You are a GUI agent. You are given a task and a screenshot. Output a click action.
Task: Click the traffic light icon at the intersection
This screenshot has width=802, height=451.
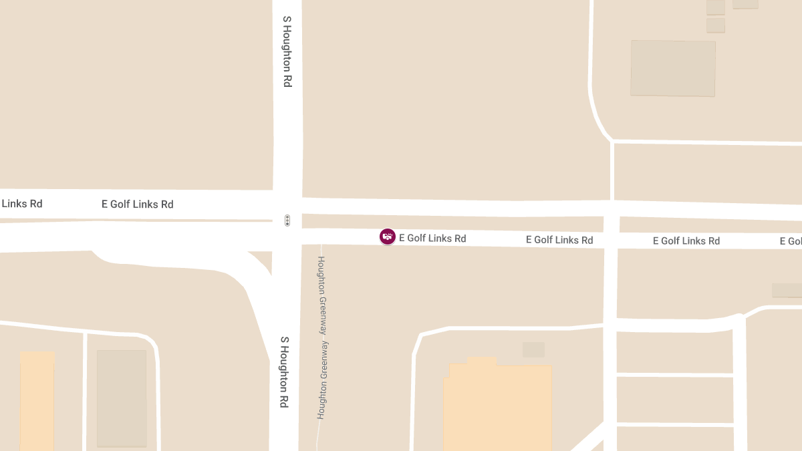(287, 220)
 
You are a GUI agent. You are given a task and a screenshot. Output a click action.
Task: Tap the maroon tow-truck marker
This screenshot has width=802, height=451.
(388, 237)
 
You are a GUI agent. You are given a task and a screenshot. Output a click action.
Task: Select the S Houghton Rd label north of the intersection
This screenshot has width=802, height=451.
(287, 51)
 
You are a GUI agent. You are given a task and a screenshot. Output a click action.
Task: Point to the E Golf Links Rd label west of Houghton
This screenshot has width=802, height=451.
(137, 204)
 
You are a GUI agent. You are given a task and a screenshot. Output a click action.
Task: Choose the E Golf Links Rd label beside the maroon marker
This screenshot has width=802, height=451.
(432, 239)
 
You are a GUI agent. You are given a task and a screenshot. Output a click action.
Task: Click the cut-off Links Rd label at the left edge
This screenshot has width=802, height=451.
(21, 204)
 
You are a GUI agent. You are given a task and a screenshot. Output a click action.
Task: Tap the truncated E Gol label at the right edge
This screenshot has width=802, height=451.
(791, 241)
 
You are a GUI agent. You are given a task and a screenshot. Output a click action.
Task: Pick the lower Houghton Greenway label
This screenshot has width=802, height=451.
(321, 382)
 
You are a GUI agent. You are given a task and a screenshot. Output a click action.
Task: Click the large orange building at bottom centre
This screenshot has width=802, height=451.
(497, 408)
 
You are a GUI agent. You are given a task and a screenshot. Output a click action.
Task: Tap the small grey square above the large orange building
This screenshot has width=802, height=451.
(533, 349)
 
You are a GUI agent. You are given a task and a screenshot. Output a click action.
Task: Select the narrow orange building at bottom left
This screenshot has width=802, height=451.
(37, 401)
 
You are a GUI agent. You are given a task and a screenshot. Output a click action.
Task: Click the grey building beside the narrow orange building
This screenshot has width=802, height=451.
(122, 398)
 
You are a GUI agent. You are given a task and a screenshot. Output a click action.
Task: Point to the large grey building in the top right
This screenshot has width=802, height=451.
(673, 68)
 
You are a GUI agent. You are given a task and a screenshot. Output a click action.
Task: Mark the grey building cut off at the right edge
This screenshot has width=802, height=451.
(787, 290)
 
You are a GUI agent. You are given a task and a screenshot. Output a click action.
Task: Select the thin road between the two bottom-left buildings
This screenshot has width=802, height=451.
(85, 391)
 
